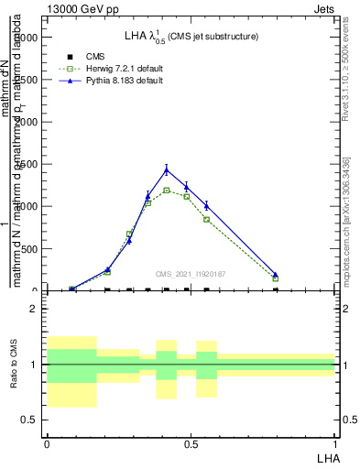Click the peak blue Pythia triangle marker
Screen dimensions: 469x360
pos(166,169)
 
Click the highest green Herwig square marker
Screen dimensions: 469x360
pos(166,191)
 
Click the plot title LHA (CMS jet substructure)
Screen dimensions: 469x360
pos(191,37)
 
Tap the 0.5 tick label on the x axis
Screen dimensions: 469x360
pos(191,443)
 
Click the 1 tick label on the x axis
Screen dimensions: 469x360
pos(334,443)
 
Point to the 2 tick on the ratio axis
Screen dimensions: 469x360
pos(35,310)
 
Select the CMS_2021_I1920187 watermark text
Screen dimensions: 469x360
pos(191,273)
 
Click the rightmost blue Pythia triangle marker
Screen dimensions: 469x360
pos(275,274)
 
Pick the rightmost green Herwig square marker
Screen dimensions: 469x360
pos(275,278)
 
